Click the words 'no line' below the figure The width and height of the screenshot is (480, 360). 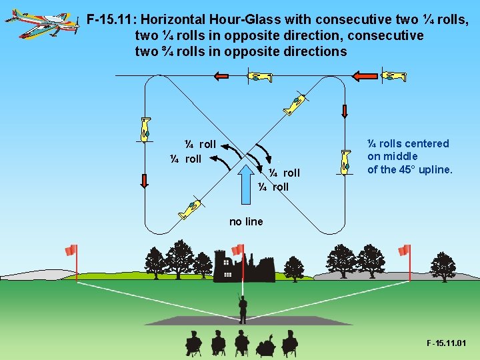coord(246,221)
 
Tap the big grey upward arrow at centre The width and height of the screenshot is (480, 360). coord(251,179)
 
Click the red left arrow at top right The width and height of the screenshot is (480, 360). coord(364,77)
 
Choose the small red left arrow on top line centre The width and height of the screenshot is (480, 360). coord(221,77)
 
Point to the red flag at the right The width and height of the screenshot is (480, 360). coord(403,250)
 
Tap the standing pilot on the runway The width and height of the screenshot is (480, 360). coord(243,308)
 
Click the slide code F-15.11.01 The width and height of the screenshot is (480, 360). coord(446,343)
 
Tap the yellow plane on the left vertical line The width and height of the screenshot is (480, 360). coord(145,129)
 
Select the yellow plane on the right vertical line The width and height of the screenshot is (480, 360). coord(345,162)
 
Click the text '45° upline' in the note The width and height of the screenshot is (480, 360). coord(426,169)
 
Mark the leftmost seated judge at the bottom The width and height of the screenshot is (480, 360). coord(193,343)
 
